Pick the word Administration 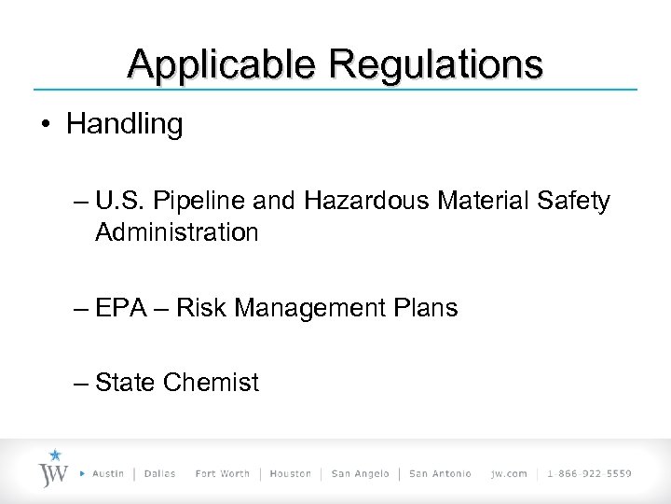coord(176,231)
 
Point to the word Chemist coord(211,382)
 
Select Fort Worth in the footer coord(222,473)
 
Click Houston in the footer coord(291,473)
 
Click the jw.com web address coord(508,473)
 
